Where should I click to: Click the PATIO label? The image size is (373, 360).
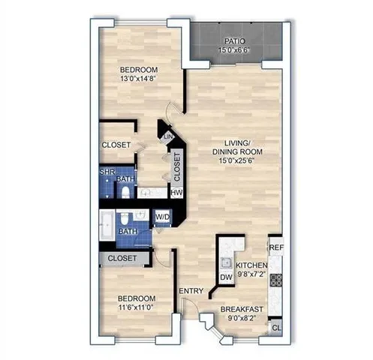235,40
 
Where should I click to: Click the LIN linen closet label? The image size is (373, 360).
168,136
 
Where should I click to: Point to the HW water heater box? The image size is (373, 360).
177,193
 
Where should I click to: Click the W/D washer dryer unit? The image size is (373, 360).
162,217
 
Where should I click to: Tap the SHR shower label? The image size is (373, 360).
107,172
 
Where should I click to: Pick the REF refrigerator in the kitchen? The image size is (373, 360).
275,247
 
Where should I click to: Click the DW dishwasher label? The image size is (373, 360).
225,278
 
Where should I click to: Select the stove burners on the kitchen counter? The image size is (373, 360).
275,280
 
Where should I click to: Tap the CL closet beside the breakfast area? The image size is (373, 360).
275,328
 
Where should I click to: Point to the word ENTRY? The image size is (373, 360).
188,291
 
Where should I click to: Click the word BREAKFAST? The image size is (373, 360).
241,308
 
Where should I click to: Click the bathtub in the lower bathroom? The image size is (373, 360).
108,225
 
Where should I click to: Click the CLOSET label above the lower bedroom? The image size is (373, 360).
122,258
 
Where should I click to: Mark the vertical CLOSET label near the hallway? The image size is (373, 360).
177,167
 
